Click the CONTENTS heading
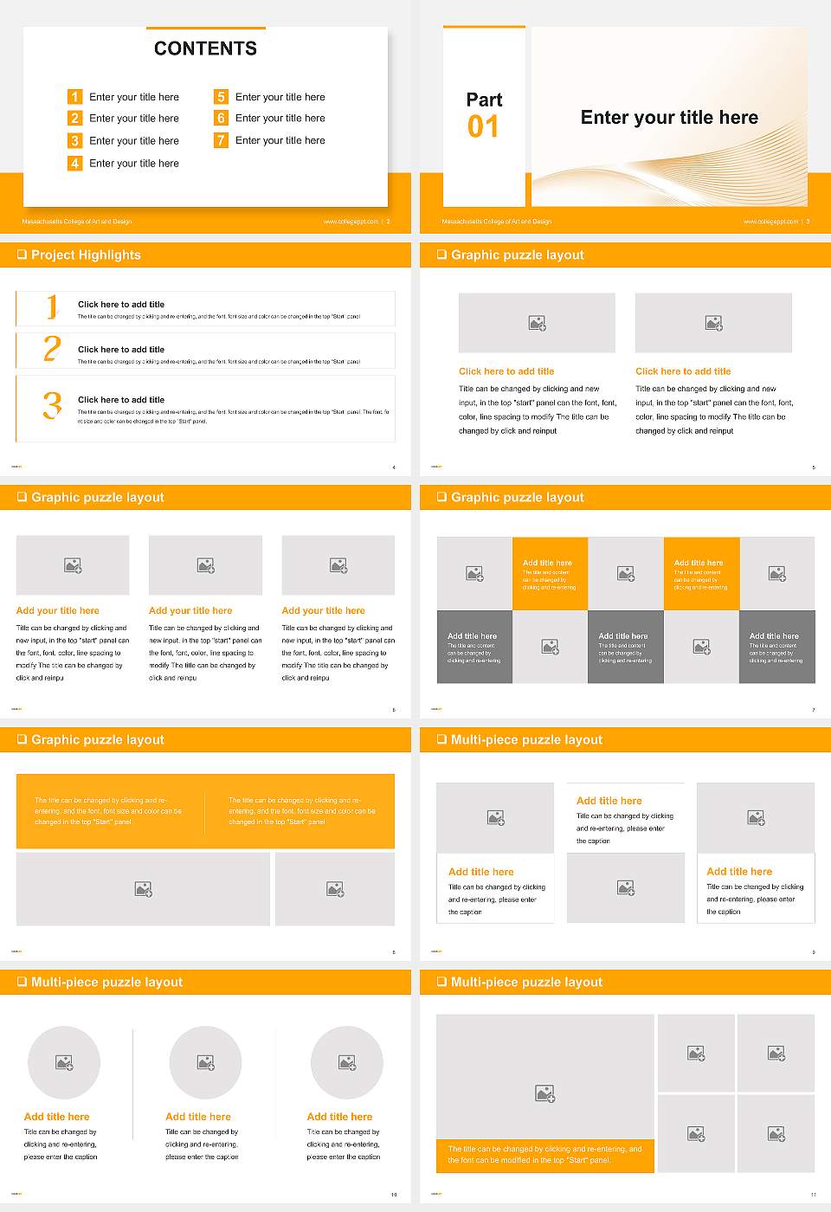point(205,48)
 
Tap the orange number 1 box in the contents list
point(75,97)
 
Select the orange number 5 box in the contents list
point(221,97)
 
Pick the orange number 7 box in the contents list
point(221,140)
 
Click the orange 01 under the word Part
point(483,127)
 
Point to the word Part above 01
point(484,100)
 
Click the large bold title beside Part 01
point(669,118)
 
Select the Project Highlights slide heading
point(86,255)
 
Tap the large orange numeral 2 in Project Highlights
point(52,349)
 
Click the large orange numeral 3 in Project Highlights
point(52,405)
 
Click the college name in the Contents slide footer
point(77,222)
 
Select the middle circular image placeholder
point(205,1062)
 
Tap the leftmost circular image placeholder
point(64,1062)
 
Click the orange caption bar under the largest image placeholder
point(545,1155)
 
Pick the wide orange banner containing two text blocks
point(205,811)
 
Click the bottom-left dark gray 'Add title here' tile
point(474,647)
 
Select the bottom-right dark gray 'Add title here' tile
point(776,647)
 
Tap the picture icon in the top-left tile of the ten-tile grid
point(474,573)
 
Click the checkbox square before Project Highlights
point(22,255)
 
